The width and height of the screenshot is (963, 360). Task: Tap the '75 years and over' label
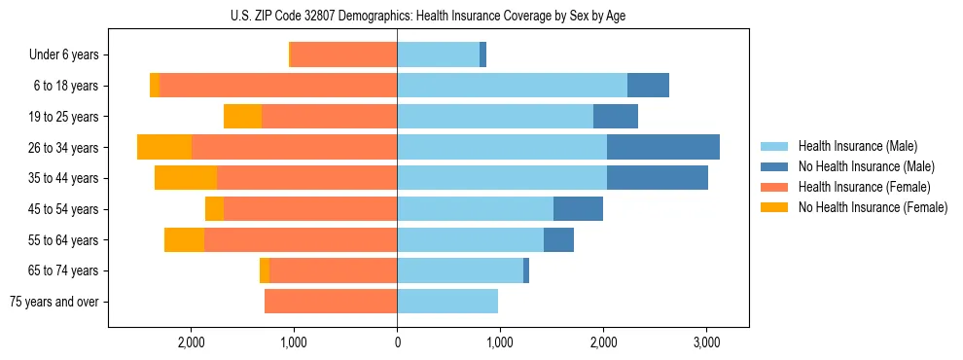click(53, 302)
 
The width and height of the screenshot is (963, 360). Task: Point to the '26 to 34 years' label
click(64, 148)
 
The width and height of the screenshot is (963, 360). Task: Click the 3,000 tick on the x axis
click(706, 342)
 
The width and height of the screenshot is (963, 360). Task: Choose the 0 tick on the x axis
click(397, 342)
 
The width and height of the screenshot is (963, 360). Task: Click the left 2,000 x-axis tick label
click(191, 342)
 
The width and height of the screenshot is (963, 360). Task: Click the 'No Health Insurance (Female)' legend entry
click(873, 207)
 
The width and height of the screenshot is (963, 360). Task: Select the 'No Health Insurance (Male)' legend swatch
click(775, 166)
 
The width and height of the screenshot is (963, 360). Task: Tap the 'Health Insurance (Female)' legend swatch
click(775, 187)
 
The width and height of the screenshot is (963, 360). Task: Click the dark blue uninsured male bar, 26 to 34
click(663, 147)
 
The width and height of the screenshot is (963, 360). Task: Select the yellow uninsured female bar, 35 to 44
click(186, 178)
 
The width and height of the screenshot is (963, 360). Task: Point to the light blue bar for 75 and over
click(447, 302)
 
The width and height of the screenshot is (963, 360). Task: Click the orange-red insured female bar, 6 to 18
click(278, 86)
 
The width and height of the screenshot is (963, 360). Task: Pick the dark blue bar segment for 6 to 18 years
click(648, 86)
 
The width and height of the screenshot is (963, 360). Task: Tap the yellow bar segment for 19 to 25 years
click(243, 117)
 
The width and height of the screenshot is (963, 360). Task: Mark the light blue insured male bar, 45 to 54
click(475, 209)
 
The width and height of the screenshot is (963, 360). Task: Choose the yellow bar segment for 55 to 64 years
click(185, 240)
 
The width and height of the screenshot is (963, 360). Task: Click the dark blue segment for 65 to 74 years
click(526, 270)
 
